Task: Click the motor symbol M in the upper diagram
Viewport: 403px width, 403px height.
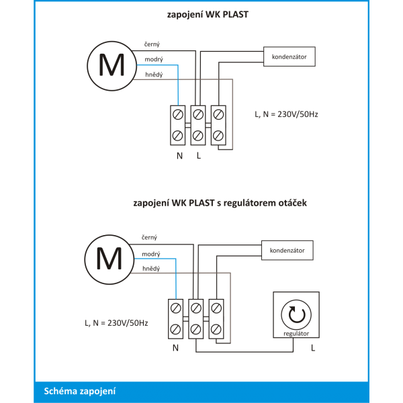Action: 111,66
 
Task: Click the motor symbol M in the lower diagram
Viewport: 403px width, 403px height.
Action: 109,259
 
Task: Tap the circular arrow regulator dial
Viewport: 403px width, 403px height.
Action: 296,314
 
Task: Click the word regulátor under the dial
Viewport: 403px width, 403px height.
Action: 296,334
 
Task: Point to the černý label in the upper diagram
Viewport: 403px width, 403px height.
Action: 152,44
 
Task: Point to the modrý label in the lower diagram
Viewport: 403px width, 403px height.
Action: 151,254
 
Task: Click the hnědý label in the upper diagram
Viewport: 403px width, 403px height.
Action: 154,75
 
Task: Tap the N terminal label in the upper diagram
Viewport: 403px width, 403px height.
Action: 179,156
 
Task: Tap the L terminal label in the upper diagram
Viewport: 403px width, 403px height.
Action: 199,156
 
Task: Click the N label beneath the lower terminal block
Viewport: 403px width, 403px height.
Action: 175,348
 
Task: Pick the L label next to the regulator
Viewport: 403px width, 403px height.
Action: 313,348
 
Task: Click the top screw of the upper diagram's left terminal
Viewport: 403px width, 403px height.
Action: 178,115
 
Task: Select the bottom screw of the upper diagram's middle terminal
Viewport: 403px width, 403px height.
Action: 198,136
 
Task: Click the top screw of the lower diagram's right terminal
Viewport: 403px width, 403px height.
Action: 216,308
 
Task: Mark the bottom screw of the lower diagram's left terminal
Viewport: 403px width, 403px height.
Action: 175,329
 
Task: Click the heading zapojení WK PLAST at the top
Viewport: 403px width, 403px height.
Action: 208,15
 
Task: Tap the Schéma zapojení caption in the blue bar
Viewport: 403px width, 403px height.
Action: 80,391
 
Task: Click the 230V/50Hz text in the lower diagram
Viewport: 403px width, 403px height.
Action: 128,323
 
